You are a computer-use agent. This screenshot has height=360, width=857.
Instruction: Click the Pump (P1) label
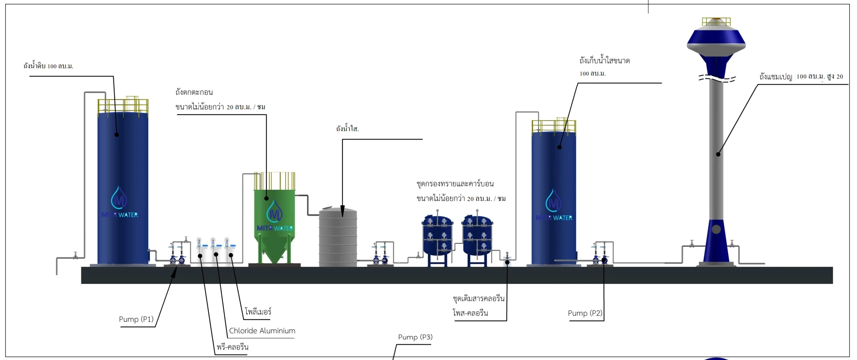[x=136, y=320]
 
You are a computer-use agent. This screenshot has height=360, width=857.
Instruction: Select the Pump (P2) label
[x=585, y=313]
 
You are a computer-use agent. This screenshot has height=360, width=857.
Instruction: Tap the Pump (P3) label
[x=415, y=337]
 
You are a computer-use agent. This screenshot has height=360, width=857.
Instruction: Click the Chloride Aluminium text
[x=262, y=331]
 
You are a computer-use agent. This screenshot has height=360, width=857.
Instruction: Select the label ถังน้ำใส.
[x=347, y=129]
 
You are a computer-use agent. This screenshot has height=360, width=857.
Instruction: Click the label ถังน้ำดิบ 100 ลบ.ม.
[x=48, y=66]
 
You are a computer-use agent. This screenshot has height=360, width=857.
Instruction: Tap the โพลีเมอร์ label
[x=258, y=312]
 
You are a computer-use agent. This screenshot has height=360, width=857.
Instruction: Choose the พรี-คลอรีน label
[x=233, y=347]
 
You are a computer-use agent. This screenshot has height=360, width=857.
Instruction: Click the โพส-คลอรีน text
[x=470, y=313]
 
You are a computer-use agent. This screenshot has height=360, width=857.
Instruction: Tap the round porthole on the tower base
[x=716, y=229]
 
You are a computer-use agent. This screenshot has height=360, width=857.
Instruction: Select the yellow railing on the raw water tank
[x=122, y=106]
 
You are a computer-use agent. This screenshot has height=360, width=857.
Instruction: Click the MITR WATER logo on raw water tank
[x=120, y=202]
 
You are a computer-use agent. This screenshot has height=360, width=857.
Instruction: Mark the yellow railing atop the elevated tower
[x=716, y=21]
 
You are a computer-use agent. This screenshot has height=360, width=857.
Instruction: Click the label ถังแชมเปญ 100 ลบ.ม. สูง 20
[x=801, y=77]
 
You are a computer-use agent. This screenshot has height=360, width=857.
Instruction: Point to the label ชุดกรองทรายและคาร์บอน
[x=455, y=184]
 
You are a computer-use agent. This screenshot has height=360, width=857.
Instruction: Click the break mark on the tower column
[x=716, y=79]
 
